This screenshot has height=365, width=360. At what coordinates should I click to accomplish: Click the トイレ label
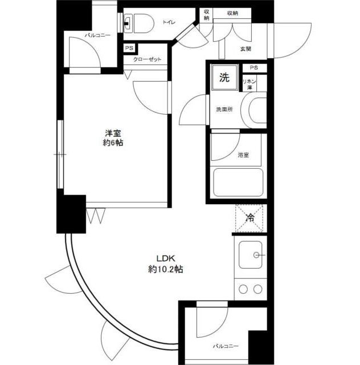169,22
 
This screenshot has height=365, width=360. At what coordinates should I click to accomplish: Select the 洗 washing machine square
224,78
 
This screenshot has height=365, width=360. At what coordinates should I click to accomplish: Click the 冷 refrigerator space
249,218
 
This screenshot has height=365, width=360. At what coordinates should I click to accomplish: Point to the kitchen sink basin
251,255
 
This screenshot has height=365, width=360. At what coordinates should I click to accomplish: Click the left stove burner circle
243,289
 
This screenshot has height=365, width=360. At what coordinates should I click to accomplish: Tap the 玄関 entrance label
246,49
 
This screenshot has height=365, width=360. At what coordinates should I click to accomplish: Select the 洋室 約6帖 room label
113,138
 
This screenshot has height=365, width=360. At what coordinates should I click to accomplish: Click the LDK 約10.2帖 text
166,263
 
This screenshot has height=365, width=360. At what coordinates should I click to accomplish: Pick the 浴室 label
243,155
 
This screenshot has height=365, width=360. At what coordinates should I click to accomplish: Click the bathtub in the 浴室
238,182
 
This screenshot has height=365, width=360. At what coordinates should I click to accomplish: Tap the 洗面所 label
224,109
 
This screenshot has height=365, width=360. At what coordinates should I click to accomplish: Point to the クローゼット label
147,59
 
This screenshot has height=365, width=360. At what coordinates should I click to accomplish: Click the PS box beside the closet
129,48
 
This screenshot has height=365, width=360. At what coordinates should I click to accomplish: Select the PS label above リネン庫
254,67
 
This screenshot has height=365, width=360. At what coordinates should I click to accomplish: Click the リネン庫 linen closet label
249,84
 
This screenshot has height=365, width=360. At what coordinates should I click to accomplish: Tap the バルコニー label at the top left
97,35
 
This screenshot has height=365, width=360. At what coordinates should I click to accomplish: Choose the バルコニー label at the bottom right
226,346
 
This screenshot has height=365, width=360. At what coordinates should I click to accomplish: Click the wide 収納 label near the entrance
232,13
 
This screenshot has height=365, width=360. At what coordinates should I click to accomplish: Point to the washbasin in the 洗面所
255,110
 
